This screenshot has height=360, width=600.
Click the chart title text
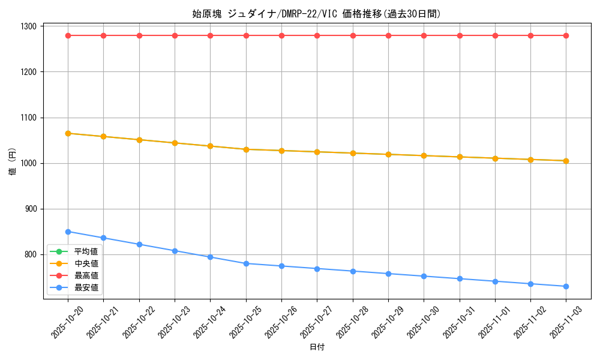(317, 14)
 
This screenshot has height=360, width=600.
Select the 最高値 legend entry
(86, 275)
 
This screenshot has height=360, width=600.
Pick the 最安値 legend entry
(86, 287)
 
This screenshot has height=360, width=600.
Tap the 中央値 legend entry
(86, 263)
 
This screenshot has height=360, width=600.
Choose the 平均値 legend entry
(86, 251)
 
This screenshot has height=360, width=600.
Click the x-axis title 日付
(317, 347)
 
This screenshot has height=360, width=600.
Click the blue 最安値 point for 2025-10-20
(68, 232)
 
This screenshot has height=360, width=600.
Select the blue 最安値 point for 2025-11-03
(566, 286)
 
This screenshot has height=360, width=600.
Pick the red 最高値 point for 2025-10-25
(246, 35)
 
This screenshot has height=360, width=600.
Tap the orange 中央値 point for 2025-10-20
(68, 133)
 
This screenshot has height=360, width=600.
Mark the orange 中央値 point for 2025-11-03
(566, 161)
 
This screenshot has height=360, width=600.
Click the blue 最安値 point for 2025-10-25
(246, 263)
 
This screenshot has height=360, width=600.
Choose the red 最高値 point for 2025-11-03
(566, 35)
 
